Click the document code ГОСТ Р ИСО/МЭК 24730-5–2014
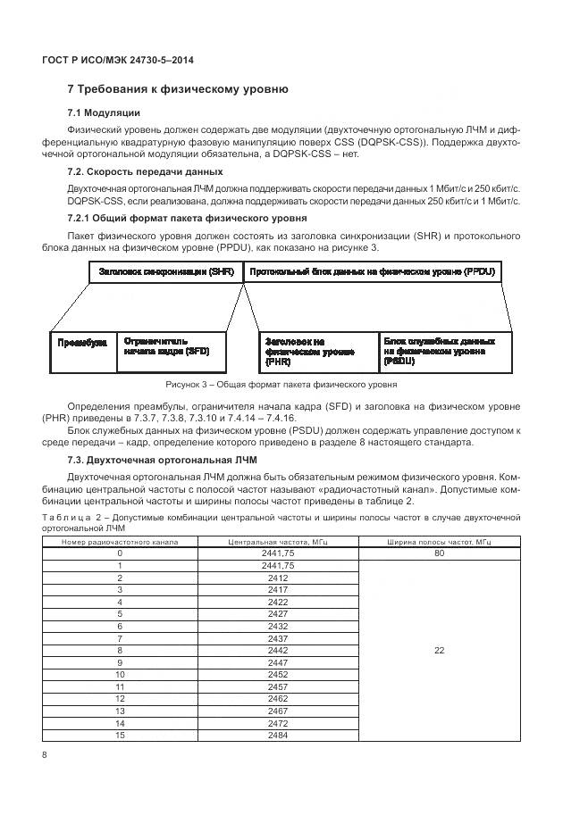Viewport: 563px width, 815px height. coord(118,60)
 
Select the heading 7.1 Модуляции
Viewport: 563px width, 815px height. coord(104,112)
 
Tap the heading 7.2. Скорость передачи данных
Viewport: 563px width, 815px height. coord(146,171)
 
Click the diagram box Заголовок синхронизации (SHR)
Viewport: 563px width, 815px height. coord(165,270)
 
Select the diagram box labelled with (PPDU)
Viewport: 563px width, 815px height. coord(373,270)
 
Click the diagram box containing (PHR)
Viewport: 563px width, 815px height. coord(317,353)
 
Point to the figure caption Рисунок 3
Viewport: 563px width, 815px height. coord(281,385)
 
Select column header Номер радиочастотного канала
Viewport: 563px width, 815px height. coord(119,542)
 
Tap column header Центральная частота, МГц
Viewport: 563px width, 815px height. coord(277,542)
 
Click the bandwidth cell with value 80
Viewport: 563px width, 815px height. coord(439,553)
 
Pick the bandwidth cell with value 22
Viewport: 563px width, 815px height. coord(439,651)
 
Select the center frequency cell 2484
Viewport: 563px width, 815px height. coord(277,735)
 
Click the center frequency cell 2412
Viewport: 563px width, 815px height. coord(277,578)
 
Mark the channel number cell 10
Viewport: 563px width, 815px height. coord(119,675)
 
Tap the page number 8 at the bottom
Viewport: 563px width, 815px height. coord(45,756)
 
